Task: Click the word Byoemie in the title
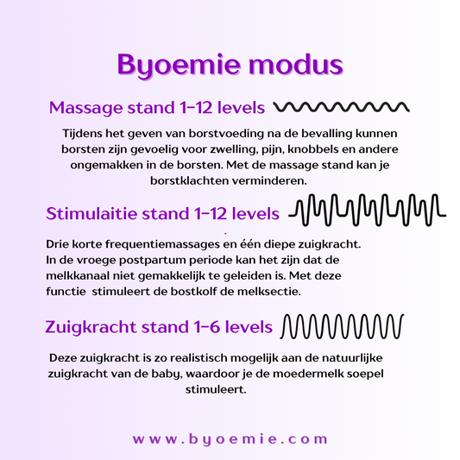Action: click(x=179, y=66)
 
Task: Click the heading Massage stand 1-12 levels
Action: click(x=157, y=108)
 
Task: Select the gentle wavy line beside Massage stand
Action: click(x=342, y=107)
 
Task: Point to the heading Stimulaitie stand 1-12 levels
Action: click(x=163, y=213)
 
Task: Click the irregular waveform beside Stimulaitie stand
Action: click(x=368, y=210)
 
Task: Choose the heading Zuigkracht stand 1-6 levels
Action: click(x=159, y=327)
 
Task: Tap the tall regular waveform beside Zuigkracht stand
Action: click(x=342, y=326)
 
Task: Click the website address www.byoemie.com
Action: click(x=230, y=439)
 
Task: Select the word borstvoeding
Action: click(x=226, y=134)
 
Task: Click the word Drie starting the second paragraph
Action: click(x=57, y=244)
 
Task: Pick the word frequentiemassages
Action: click(x=162, y=244)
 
